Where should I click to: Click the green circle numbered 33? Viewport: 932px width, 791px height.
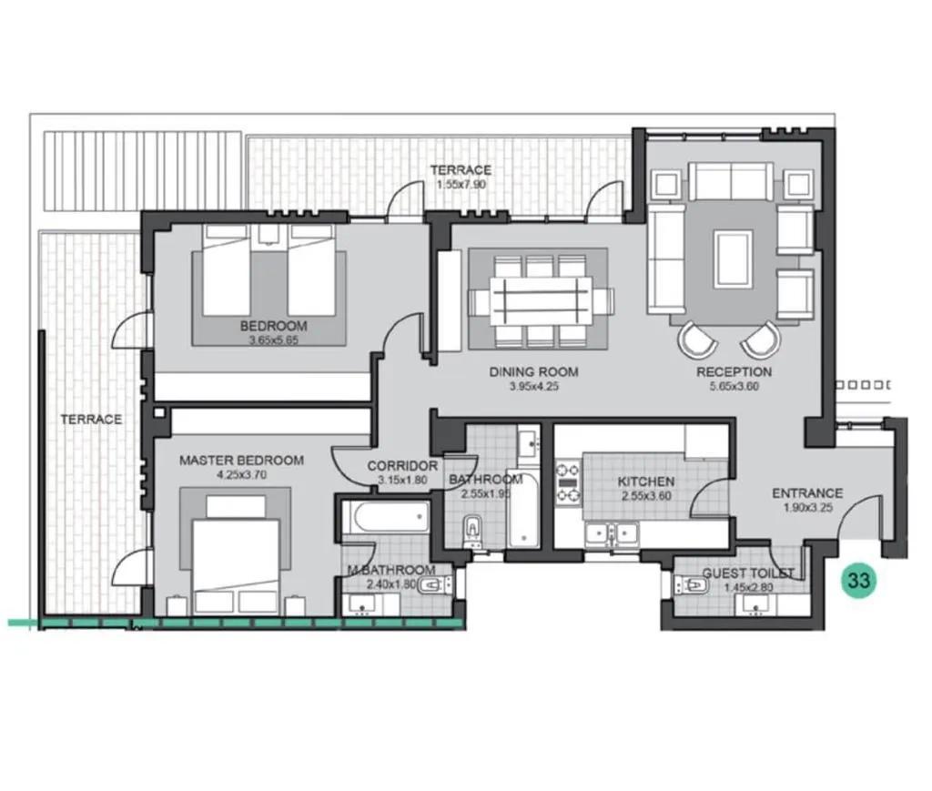tap(858, 580)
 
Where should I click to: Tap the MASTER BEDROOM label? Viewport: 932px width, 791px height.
tap(241, 460)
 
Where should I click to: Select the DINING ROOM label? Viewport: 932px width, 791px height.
tap(533, 372)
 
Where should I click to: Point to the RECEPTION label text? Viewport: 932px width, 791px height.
tap(734, 372)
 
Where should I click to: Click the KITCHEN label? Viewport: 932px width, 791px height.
tap(646, 482)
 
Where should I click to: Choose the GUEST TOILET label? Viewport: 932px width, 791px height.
tap(748, 573)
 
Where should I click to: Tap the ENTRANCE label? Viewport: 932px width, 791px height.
tap(807, 493)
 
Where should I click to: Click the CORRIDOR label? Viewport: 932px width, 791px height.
tap(402, 466)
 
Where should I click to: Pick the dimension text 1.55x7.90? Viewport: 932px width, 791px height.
tap(461, 184)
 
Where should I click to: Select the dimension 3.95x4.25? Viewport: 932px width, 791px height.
tap(533, 386)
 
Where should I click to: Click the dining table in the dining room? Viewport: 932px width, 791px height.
tap(542, 300)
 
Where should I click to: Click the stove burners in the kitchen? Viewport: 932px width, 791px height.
tap(568, 482)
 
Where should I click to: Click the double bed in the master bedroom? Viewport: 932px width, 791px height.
tap(236, 562)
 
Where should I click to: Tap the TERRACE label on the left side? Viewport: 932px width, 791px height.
tap(91, 419)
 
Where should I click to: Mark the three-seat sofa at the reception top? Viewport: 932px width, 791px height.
tap(731, 182)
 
